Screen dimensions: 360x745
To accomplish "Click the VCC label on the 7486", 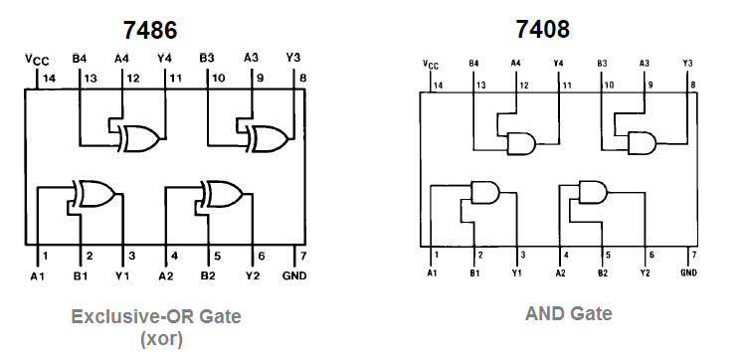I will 37,61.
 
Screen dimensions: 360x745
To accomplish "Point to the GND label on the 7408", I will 689,272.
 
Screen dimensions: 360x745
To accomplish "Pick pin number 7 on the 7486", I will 301,256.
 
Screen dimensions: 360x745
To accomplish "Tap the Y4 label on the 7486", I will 164,58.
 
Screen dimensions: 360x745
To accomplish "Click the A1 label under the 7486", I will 37,274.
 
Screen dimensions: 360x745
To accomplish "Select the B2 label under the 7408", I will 603,272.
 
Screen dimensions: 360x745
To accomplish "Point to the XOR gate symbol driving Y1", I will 95,193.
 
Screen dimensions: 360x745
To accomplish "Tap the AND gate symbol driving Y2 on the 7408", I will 594,190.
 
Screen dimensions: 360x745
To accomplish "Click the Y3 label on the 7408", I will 688,63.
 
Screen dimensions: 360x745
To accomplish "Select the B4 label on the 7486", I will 80,58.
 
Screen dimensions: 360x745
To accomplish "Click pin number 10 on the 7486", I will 216,78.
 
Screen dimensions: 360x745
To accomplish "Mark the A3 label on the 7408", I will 645,63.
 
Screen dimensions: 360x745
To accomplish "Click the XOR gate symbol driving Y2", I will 225,193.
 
